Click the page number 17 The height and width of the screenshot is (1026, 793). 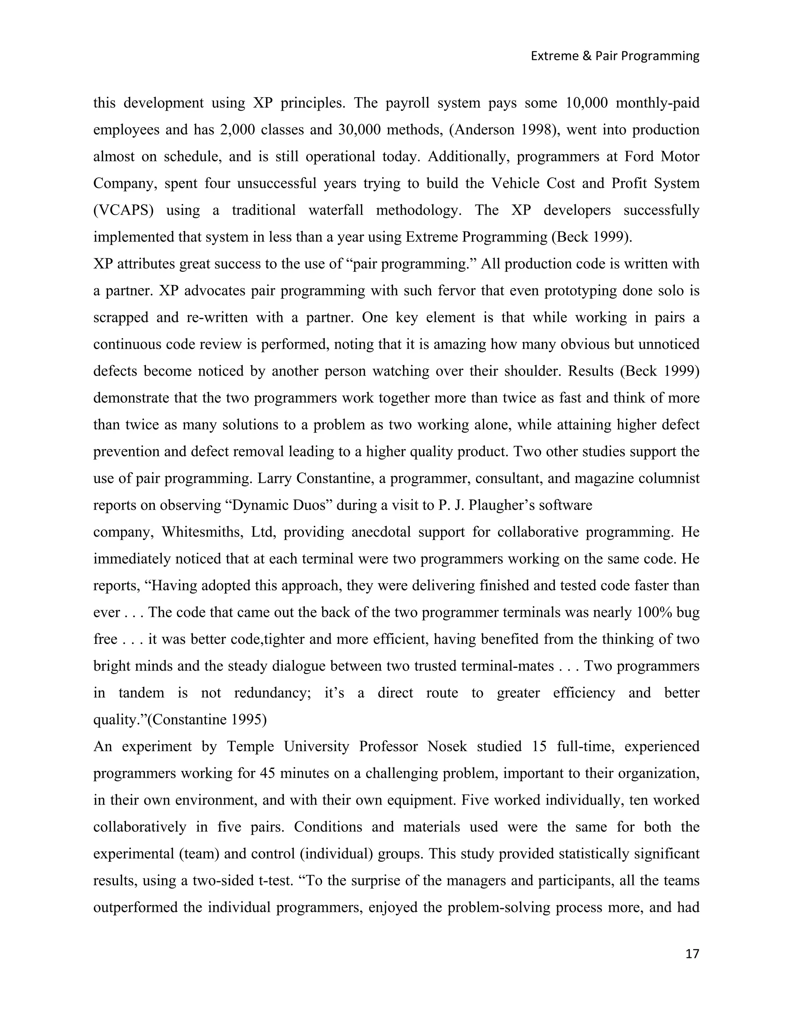click(692, 954)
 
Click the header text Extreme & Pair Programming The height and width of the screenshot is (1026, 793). click(614, 56)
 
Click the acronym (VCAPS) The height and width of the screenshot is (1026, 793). click(124, 210)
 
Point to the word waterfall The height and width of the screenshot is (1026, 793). click(335, 210)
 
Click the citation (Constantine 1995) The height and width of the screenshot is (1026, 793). click(207, 720)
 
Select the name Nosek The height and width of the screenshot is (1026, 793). click(447, 746)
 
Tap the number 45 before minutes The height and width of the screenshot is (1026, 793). click(267, 773)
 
